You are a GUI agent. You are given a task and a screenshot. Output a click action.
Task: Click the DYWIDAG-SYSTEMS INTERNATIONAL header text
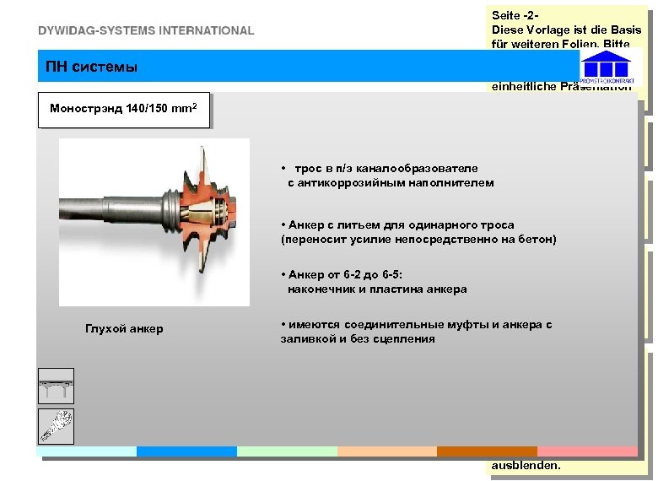pos(145,30)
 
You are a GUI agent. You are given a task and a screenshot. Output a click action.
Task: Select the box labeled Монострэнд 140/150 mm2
pos(123,110)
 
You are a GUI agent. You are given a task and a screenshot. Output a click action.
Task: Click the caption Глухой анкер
pos(124,328)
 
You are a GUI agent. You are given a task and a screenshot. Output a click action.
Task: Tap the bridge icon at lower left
pos(56,386)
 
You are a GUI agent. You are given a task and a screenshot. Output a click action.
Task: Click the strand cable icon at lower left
pos(56,426)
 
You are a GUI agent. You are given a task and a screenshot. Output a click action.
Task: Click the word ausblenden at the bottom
pos(526,465)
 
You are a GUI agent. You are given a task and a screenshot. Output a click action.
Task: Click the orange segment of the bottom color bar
pos(487,451)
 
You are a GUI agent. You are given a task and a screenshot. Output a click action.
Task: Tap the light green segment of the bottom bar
pos(286,451)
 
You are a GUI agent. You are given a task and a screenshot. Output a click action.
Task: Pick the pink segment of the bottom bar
pos(586,451)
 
